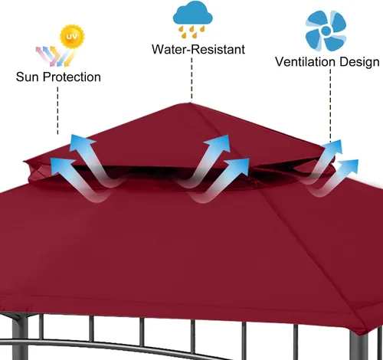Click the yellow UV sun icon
tap(72, 36)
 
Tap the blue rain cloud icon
tap(193, 15)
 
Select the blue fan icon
tap(326, 31)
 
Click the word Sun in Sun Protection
tap(28, 77)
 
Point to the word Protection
tap(72, 77)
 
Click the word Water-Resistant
tap(198, 49)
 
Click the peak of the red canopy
tap(190, 103)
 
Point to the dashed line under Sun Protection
tap(57, 110)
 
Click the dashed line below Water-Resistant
tap(191, 79)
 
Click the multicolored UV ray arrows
tap(56, 56)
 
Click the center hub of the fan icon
tap(326, 31)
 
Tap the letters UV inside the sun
tap(71, 36)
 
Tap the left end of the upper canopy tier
tap(25, 162)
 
